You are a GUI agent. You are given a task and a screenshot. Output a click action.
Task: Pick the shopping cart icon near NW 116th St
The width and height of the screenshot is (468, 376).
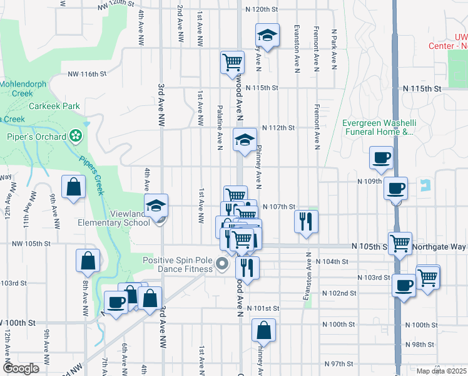232,62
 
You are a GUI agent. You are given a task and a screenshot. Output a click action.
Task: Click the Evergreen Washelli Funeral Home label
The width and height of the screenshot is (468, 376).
379,128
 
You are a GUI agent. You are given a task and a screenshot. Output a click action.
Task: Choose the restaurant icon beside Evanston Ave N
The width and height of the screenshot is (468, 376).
307,221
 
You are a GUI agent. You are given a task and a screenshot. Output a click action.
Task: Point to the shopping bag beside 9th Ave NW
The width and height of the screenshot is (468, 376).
74,187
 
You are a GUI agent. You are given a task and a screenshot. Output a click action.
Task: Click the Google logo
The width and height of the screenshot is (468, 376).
21,368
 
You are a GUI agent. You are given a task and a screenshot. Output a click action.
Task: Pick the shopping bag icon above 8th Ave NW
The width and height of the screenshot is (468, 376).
88,260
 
